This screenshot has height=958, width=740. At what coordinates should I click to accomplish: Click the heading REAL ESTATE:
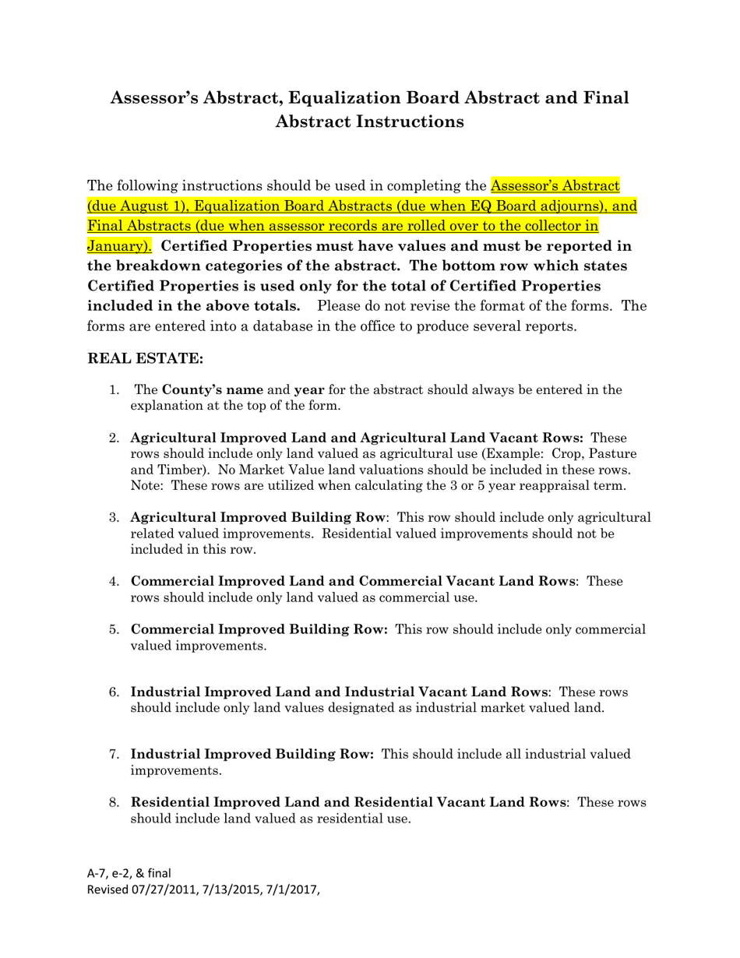146,358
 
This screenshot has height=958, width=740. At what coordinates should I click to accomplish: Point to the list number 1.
114,389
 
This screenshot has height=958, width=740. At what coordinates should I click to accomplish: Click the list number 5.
114,629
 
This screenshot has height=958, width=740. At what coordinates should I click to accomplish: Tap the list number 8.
114,802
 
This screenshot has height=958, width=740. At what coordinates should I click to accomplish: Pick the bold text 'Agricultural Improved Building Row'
258,518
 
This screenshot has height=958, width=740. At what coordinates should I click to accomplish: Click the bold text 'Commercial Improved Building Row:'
259,629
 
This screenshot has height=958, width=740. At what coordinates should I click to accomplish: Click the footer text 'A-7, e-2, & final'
129,873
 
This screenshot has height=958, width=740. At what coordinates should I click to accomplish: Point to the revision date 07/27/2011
163,889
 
